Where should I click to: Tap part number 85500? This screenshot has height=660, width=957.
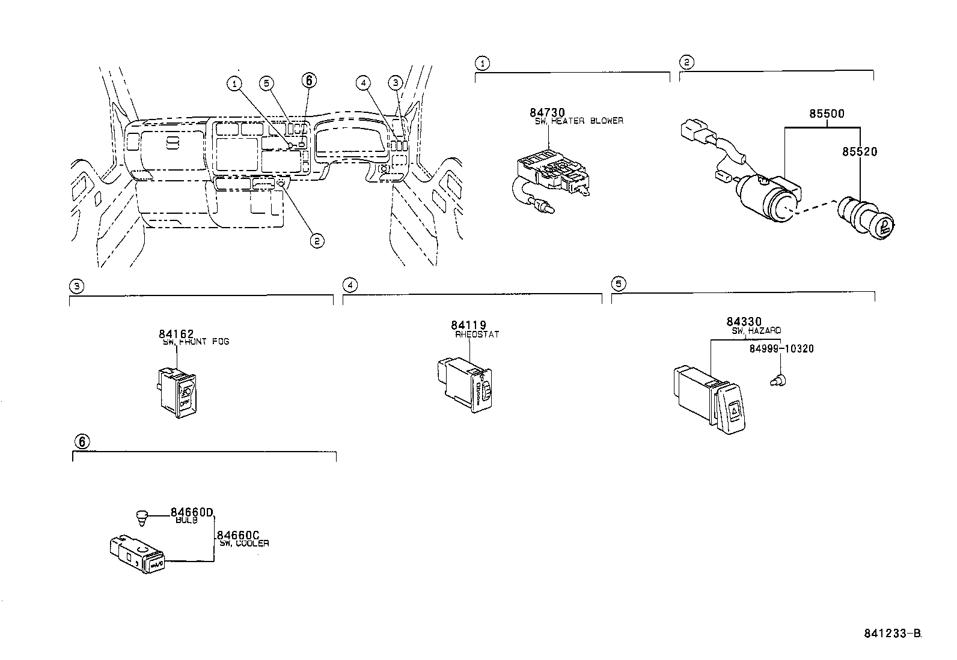pyautogui.click(x=826, y=113)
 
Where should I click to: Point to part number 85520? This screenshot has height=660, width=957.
pyautogui.click(x=859, y=152)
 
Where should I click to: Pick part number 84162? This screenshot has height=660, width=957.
pyautogui.click(x=177, y=334)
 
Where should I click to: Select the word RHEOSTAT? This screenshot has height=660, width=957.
pyautogui.click(x=477, y=335)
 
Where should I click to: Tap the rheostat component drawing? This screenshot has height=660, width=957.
pyautogui.click(x=466, y=384)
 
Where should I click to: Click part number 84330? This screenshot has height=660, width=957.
pyautogui.click(x=744, y=322)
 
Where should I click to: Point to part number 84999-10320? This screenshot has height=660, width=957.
pyautogui.click(x=781, y=349)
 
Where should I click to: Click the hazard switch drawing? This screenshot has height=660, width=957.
pyautogui.click(x=713, y=400)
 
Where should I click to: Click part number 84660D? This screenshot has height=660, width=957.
pyautogui.click(x=192, y=512)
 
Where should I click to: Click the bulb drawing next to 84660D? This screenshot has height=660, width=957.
pyautogui.click(x=141, y=516)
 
